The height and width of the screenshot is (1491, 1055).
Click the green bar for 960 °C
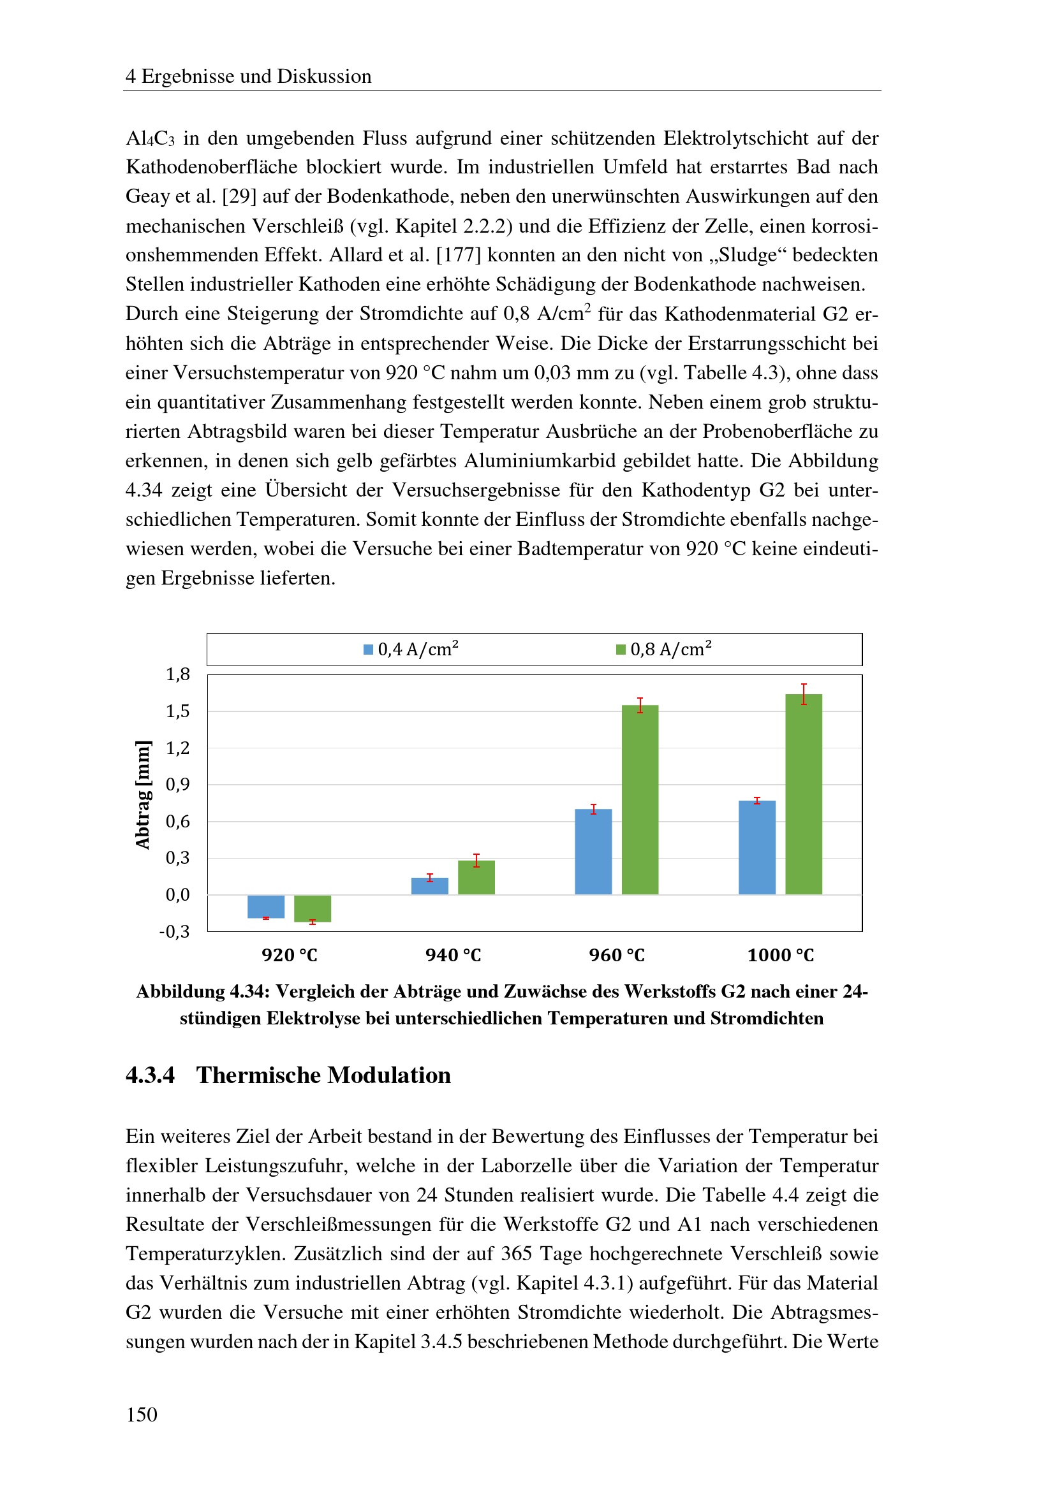tap(640, 799)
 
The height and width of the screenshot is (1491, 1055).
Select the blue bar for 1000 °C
tap(757, 847)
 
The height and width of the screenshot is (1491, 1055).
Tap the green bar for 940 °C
tap(476, 877)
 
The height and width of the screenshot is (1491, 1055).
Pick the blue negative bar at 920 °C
tap(266, 906)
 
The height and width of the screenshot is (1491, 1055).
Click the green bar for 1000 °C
tap(804, 794)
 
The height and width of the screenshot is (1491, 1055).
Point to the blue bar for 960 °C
tap(593, 852)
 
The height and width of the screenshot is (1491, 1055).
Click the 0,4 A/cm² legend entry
tap(411, 650)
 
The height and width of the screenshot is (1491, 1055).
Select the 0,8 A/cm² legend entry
tap(664, 650)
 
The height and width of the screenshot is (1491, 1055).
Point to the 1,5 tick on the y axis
tap(177, 711)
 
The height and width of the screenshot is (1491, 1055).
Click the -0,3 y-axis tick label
tap(175, 931)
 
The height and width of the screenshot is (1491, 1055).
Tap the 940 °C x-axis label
tap(453, 956)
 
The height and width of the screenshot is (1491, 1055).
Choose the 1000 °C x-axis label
tap(780, 956)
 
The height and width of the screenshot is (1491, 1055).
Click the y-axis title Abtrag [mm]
tap(142, 794)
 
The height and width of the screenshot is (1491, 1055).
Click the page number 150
tap(142, 1414)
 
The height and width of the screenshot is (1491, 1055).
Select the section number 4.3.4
tap(150, 1075)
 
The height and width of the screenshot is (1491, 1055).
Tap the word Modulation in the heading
tap(388, 1075)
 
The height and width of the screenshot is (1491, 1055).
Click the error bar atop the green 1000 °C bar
tap(804, 694)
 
